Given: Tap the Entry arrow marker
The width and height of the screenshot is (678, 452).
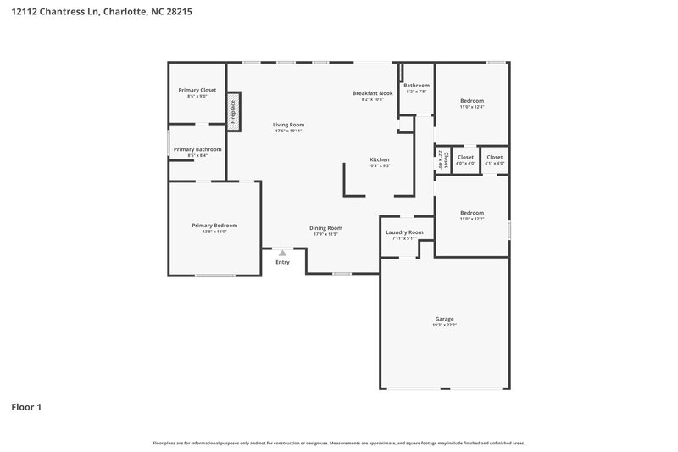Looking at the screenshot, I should click(282, 253).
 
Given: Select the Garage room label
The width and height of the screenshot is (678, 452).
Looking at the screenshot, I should click(444, 319).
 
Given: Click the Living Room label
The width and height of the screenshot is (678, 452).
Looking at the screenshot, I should click(288, 125).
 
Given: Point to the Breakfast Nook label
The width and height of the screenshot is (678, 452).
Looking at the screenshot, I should click(373, 92).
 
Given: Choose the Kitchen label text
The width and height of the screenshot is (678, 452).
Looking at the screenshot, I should click(379, 159).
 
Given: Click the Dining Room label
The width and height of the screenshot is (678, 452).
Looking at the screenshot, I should click(325, 227).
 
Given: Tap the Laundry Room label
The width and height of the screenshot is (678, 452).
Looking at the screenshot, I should click(404, 232).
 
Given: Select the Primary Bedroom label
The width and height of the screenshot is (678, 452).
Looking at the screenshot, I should click(214, 225).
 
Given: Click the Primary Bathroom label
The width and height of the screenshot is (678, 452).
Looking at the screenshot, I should click(197, 149).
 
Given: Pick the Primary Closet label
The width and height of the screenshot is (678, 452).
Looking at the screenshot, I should click(197, 90).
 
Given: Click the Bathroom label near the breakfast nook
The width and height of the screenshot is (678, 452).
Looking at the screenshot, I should click(416, 86).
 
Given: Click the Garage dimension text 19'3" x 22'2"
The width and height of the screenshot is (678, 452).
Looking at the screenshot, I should click(444, 326).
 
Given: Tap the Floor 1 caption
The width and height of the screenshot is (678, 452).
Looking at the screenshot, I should click(26, 407).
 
